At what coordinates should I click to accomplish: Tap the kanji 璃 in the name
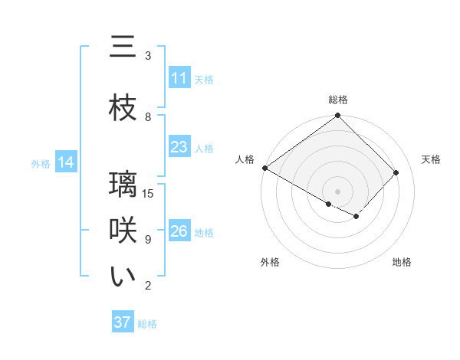point(123,185)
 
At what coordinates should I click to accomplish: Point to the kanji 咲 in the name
point(123,231)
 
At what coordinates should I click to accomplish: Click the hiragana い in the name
point(123,277)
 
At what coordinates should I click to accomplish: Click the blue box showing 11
point(179,79)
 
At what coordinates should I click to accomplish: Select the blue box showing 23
point(179,148)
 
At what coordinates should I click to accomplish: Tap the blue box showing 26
point(179,232)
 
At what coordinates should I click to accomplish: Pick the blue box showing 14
point(66,163)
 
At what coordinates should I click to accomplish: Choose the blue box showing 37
point(123,323)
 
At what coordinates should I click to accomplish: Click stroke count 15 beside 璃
point(149,194)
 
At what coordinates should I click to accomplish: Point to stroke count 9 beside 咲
point(148,240)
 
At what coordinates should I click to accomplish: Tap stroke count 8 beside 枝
point(148,117)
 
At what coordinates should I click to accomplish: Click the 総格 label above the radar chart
point(338,100)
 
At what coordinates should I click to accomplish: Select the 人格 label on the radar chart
point(245,159)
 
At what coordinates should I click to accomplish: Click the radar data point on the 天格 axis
point(396,172)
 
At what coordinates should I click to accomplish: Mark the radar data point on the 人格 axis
point(264,168)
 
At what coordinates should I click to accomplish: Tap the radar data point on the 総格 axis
point(338,116)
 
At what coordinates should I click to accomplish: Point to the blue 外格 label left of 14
point(41,164)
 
